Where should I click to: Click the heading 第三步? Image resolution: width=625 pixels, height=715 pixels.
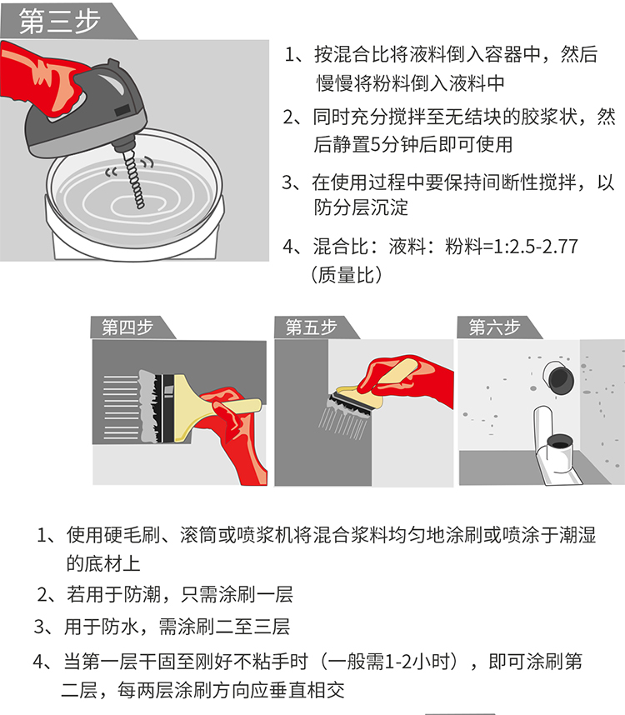click(59, 21)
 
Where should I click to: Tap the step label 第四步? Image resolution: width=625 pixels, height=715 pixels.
click(127, 327)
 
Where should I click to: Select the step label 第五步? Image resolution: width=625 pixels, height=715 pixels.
click(311, 327)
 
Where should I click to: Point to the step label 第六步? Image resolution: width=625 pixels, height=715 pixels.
click(494, 327)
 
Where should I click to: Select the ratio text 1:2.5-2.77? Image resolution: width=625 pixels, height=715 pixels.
click(536, 247)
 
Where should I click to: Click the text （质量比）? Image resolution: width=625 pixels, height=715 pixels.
click(347, 275)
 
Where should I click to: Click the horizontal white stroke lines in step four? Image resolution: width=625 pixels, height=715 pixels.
click(121, 407)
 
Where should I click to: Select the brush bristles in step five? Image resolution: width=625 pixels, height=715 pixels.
click(344, 417)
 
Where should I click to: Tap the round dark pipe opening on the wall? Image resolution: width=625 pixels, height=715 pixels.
click(559, 379)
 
